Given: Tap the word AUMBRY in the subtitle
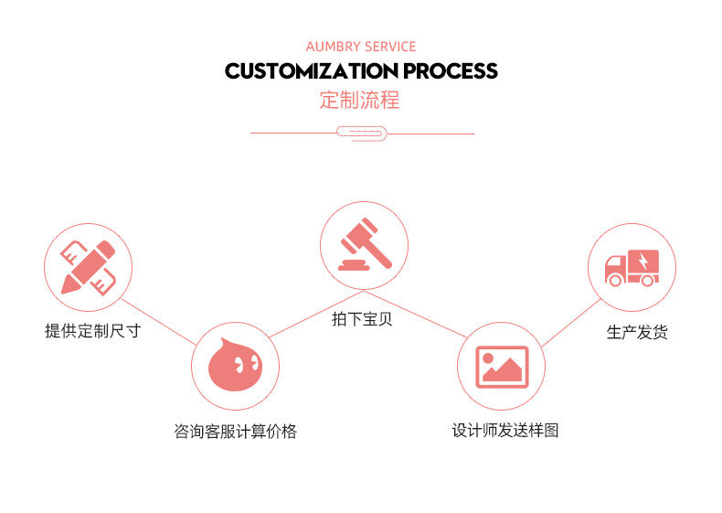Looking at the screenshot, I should tap(333, 47).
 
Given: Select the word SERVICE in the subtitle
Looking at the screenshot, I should tap(390, 47).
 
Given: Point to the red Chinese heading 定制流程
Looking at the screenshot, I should tap(360, 101).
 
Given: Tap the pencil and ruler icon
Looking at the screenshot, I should tap(89, 267).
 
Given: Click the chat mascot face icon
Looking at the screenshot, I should tap(234, 366).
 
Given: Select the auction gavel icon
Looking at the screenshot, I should tap(363, 244).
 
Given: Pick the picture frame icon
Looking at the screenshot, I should tap(502, 366).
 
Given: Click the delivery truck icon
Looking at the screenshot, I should tap(631, 266).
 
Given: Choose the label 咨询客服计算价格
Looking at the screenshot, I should tap(235, 432).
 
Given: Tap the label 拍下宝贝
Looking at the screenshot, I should tap(362, 319).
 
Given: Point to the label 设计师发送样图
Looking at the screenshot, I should tap(504, 430).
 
